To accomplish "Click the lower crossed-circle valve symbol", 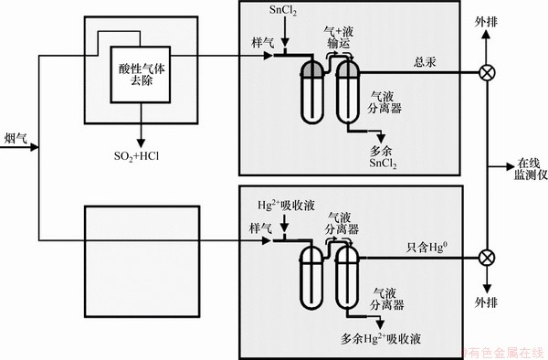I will [487, 258].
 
